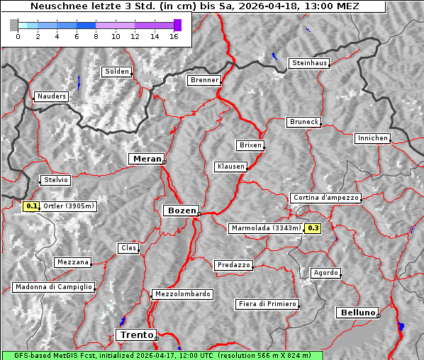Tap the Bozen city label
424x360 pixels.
click(x=181, y=210)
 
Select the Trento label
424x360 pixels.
click(x=135, y=334)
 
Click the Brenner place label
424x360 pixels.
click(x=204, y=80)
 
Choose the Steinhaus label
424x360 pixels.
click(x=310, y=63)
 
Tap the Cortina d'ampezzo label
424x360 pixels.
click(x=325, y=198)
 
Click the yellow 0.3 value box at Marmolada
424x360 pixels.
click(x=313, y=228)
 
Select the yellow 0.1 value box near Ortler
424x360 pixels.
click(x=31, y=206)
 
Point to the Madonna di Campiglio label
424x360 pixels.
click(x=53, y=287)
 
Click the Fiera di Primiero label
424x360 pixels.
click(x=267, y=304)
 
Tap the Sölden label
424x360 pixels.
click(x=117, y=72)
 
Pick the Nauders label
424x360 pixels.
click(x=51, y=96)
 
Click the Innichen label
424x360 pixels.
click(x=372, y=138)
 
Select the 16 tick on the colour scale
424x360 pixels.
click(x=173, y=36)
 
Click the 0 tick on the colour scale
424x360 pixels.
click(x=18, y=36)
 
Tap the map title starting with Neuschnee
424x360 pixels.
click(x=194, y=6)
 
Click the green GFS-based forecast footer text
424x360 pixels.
click(x=162, y=355)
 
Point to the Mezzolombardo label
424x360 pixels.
click(x=182, y=293)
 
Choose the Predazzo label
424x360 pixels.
click(x=233, y=265)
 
